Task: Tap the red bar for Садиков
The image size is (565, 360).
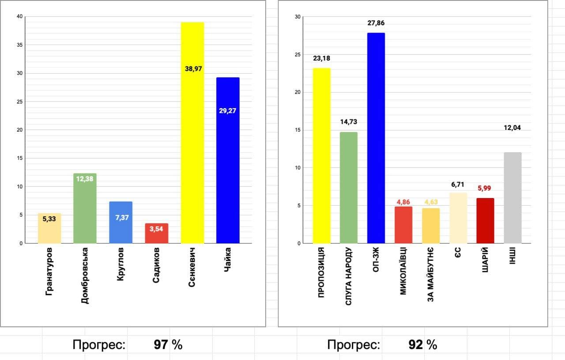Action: pos(157,233)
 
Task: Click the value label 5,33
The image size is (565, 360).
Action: pos(49,218)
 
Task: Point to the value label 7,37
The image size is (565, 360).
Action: pos(121,217)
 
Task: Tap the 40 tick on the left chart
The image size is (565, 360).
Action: pos(19,17)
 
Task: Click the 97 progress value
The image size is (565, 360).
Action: pos(161,345)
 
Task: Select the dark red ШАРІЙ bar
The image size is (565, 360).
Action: pos(486,221)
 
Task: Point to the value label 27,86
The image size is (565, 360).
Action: pos(376,23)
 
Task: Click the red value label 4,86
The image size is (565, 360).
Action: pos(403,202)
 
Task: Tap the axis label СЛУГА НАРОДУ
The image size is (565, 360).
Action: pos(349,277)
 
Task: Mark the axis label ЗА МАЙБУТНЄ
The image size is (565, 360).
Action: pos(430,274)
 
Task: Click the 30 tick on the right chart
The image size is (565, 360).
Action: pos(297,17)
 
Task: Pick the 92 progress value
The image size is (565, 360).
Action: pos(416,345)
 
